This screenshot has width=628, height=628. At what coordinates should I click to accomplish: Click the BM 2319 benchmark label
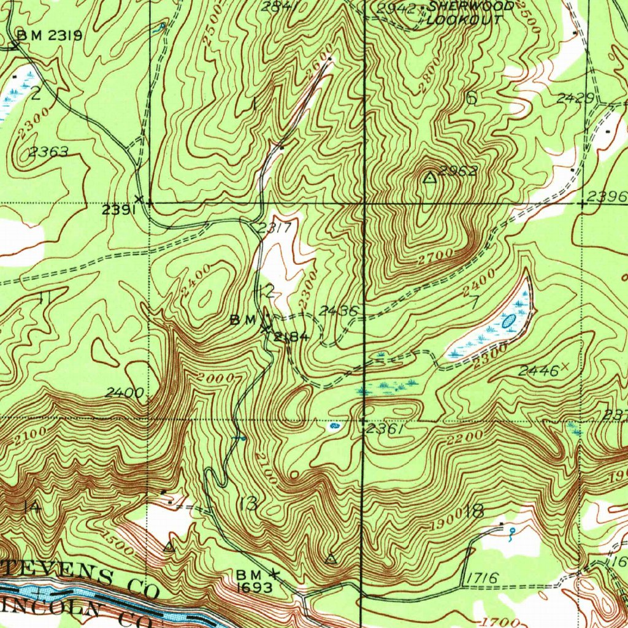coord(50,36)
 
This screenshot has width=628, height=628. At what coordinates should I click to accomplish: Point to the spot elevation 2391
coord(118,210)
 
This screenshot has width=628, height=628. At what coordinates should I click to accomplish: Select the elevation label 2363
coord(48,151)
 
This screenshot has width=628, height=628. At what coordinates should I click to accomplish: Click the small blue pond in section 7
coord(508,320)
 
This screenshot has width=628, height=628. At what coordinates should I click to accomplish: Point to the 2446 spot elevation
coord(538,370)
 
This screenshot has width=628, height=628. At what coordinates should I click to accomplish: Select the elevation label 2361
coord(385,430)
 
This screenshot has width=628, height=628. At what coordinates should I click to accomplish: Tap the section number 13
coord(249,504)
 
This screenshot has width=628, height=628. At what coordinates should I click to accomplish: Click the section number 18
coord(475,510)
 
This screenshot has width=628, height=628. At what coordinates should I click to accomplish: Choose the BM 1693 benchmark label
coord(253,580)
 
